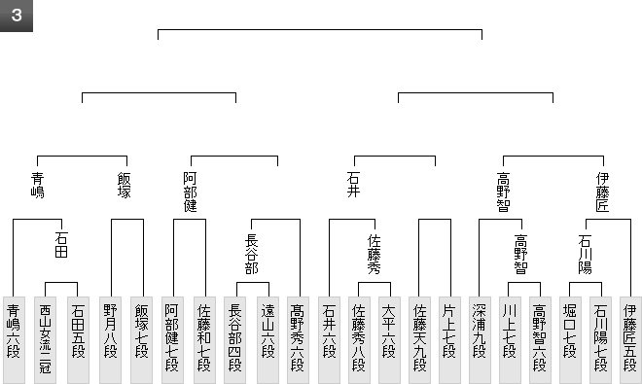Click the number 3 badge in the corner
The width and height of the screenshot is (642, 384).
click(x=17, y=16)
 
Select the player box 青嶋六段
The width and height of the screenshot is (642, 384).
click(x=14, y=340)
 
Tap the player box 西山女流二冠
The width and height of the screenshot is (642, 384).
click(x=45, y=340)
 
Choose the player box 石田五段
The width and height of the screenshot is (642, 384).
click(x=78, y=340)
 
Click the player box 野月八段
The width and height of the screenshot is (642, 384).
click(x=110, y=340)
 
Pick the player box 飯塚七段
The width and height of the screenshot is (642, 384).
click(x=142, y=340)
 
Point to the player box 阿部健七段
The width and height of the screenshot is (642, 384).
click(x=172, y=340)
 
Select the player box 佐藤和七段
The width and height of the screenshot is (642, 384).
click(x=204, y=340)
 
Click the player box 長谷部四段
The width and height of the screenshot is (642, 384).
click(x=235, y=340)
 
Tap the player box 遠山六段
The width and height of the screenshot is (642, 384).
click(x=268, y=340)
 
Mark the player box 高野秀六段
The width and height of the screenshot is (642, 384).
click(x=298, y=340)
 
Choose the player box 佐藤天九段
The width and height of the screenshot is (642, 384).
click(x=419, y=340)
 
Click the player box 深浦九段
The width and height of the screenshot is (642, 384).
click(x=480, y=340)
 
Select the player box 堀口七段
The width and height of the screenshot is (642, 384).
click(x=570, y=340)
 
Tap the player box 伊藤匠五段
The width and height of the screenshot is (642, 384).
click(x=630, y=340)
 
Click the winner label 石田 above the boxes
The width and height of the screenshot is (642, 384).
click(x=61, y=245)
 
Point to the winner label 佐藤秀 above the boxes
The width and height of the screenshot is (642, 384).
click(x=374, y=254)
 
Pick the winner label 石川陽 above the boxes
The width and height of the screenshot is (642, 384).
click(x=586, y=254)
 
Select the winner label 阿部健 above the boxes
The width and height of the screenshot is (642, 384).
click(x=191, y=192)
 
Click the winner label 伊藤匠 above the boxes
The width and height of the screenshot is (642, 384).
click(x=603, y=192)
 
